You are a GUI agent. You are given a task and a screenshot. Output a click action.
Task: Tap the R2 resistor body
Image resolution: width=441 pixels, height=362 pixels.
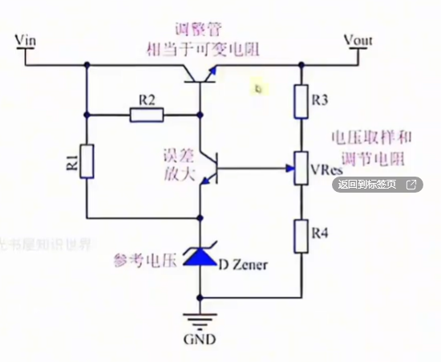click(148, 115)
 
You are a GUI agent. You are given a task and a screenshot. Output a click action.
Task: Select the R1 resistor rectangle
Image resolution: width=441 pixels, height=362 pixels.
click(86, 160)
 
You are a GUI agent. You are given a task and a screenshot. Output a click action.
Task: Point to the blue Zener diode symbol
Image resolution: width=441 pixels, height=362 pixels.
click(197, 256)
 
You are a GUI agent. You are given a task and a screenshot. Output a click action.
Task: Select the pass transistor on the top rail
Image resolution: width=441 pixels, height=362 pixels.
click(200, 74)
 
